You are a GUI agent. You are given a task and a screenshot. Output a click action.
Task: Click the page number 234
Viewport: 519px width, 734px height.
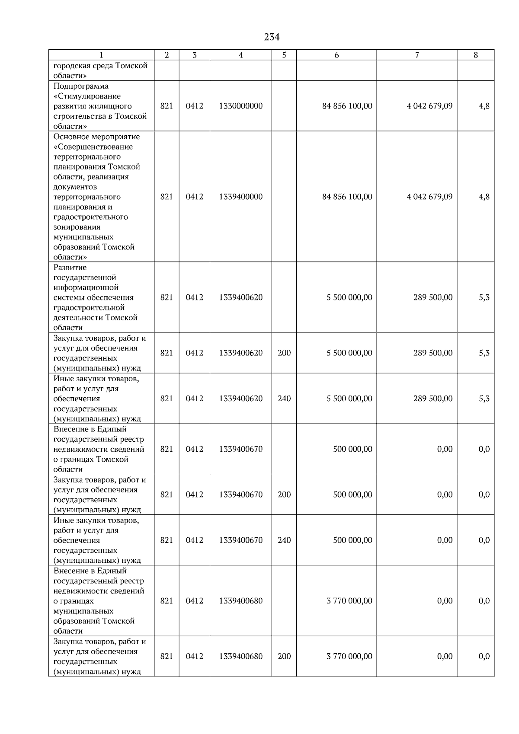(272, 37)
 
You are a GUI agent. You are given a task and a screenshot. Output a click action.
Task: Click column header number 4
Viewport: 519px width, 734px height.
(241, 55)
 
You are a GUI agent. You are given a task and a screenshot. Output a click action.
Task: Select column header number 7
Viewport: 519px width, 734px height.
(417, 55)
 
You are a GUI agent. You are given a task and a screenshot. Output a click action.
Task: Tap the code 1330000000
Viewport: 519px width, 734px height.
(241, 106)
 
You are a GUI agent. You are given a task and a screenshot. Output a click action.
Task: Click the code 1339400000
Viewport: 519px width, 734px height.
(241, 197)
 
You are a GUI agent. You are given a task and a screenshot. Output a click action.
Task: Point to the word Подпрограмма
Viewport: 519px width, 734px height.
(81, 86)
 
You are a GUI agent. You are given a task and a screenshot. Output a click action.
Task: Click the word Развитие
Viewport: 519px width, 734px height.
(70, 267)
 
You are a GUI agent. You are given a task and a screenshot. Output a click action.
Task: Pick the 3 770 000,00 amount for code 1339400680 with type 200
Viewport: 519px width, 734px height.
(349, 656)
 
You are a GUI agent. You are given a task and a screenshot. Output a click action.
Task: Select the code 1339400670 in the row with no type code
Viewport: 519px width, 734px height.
(241, 449)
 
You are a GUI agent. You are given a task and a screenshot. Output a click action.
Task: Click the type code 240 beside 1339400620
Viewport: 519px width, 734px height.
(284, 399)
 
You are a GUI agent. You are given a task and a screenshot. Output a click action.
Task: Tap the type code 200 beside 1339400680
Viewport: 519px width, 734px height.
(284, 656)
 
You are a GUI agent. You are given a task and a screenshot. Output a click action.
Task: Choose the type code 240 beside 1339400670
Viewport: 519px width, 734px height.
(284, 540)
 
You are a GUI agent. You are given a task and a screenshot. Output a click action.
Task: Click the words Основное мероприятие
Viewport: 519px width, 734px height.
(97, 137)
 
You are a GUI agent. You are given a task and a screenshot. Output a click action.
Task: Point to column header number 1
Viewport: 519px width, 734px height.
(101, 55)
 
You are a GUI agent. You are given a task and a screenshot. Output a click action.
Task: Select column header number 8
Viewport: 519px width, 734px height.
(476, 55)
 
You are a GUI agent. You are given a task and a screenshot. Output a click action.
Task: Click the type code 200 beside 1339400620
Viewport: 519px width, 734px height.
(284, 353)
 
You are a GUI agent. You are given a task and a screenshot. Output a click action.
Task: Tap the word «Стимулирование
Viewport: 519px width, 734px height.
(87, 96)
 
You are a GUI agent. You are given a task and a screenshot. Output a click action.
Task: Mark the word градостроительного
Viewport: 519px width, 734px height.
(91, 217)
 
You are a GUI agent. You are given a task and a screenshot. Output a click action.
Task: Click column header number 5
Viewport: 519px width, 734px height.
(284, 55)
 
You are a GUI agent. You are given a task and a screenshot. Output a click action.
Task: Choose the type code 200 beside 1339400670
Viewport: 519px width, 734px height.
(284, 495)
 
